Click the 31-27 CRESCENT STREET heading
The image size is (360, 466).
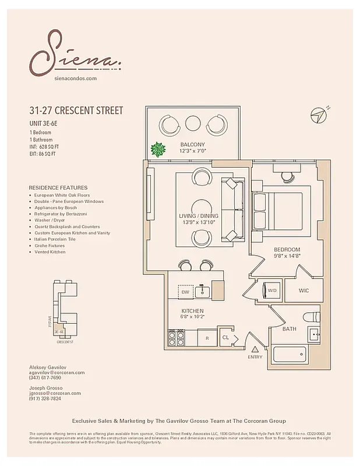76,111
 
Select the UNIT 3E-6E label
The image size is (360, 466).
47,123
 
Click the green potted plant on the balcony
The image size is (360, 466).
157,150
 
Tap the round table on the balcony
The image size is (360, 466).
192,123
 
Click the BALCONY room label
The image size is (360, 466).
192,144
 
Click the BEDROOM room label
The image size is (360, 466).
287,250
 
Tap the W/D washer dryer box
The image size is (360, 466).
272,290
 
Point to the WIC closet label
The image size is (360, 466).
303,290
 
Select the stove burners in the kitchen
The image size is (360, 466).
177,337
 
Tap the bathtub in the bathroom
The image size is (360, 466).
290,355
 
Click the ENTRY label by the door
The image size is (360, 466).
255,356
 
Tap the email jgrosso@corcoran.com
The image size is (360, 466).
55,393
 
